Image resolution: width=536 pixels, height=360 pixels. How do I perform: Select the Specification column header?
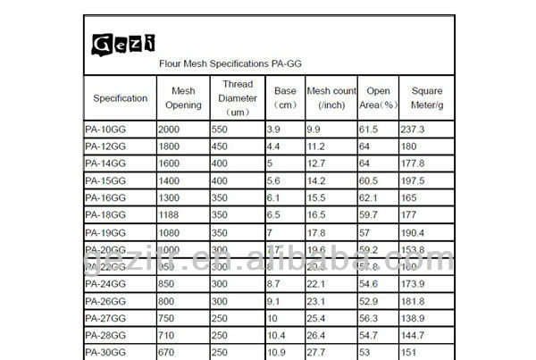coord(120,97)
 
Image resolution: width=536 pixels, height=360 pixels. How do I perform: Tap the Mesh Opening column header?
coord(183,97)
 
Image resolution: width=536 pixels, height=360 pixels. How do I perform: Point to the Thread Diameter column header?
coord(238,97)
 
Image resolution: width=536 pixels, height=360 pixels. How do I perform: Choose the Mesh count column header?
coord(331,97)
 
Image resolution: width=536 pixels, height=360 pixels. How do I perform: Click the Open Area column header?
coord(378,97)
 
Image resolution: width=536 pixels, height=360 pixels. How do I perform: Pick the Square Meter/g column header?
coord(427,97)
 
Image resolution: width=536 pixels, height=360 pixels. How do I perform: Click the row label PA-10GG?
coord(105,129)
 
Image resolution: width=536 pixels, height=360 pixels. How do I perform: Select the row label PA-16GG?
coord(105,197)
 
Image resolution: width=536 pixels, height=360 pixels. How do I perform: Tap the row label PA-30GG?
coord(105,352)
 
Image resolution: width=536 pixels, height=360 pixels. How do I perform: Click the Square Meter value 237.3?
coord(414,129)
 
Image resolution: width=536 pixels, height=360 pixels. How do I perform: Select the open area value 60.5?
coord(369,180)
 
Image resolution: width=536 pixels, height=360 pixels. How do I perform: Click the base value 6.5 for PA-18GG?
coord(274,214)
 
